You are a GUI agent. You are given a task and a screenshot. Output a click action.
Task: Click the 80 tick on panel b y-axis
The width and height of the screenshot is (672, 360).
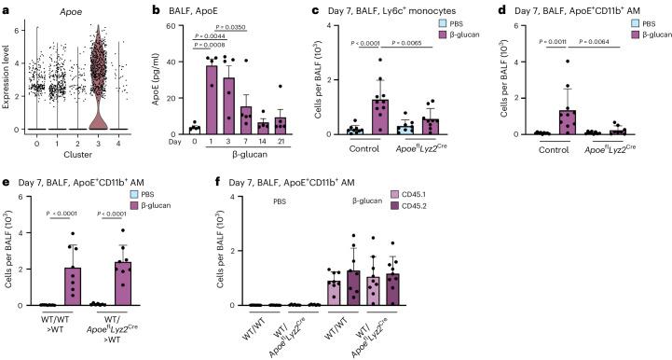pos(186,27)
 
